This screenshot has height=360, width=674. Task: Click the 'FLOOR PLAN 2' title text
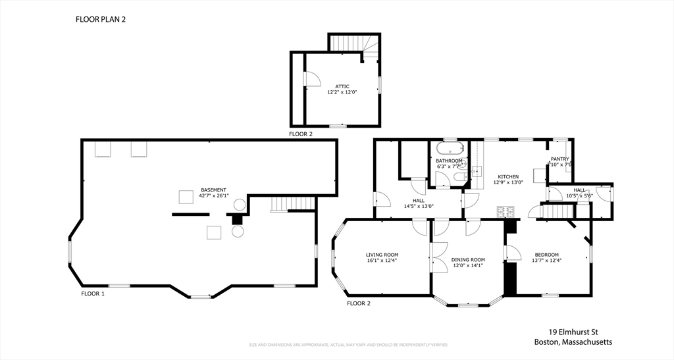[100, 20]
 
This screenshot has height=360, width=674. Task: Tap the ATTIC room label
[342, 86]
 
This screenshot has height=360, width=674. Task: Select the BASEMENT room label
[213, 190]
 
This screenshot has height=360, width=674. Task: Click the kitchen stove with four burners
[505, 212]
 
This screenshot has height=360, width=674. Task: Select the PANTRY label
[559, 159]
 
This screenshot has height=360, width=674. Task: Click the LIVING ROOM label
[382, 255]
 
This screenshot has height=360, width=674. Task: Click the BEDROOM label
[546, 255]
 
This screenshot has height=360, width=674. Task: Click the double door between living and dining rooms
[436, 258]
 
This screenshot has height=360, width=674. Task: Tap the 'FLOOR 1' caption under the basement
[93, 294]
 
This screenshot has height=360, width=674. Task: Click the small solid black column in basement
[237, 219]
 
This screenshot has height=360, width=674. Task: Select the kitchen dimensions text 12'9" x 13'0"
[508, 182]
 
